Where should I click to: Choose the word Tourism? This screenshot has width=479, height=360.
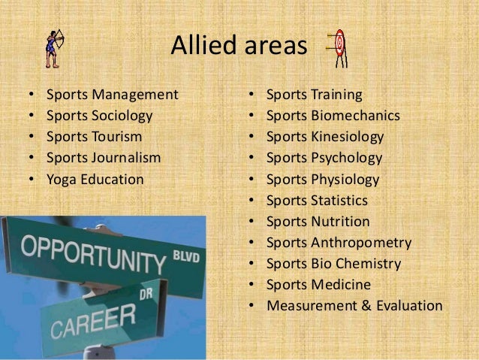pos(116,138)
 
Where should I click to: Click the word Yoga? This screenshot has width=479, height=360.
pos(61,180)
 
